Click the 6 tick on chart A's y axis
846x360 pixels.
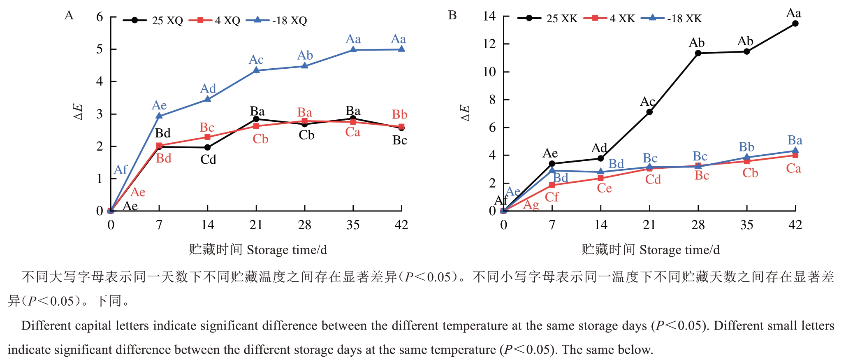coord(100,17)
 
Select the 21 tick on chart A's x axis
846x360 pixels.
coord(256,225)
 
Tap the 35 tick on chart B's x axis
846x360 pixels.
coord(746,225)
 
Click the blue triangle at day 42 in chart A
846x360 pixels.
coord(401,49)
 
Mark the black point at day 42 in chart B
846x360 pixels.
coord(795,23)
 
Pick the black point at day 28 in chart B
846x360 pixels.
coord(698,53)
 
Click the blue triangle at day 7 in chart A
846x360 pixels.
coord(159,116)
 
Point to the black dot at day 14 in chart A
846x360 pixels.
coord(207,147)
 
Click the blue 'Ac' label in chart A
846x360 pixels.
coord(256,60)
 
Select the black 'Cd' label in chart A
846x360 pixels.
coord(208,160)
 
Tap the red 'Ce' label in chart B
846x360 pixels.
coord(604,188)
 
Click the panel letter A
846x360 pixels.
coord(69,16)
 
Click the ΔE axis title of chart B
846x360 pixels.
coord(465,112)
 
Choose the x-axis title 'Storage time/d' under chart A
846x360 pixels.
coord(287,250)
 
